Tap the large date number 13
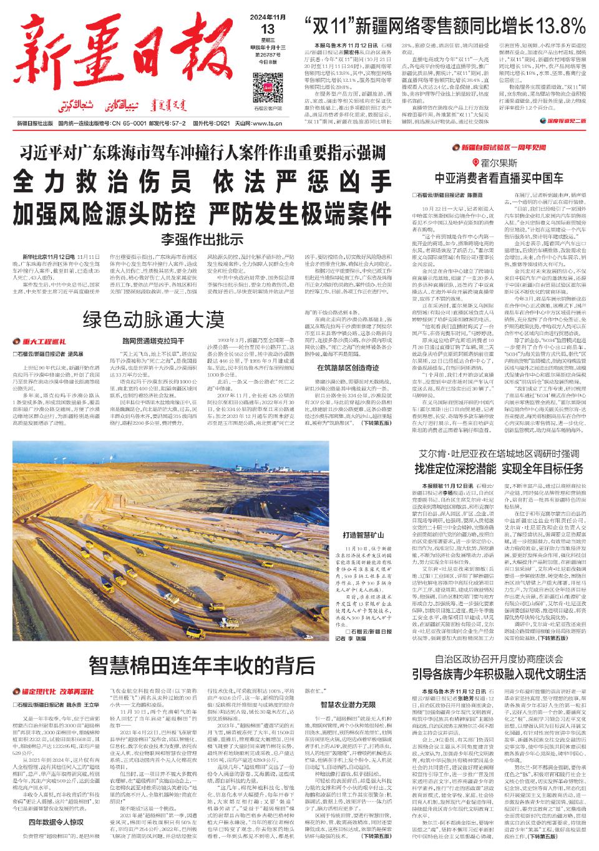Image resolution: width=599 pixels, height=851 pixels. coord(269,29)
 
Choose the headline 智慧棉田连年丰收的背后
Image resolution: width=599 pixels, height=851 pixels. coord(202,667)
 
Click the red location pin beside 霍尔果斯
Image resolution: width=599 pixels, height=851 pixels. coord(476,162)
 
